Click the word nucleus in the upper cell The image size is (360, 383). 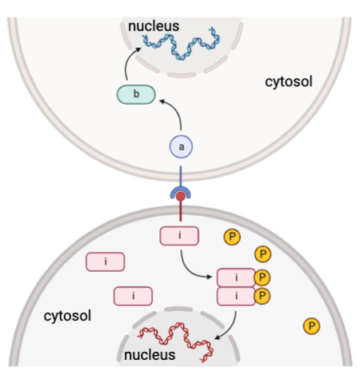point(159,26)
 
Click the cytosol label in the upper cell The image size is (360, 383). point(288,82)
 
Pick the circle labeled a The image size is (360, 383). point(181,147)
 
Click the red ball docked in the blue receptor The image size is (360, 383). point(181,196)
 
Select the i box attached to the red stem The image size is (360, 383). point(179,236)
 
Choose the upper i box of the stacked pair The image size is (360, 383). point(237,277)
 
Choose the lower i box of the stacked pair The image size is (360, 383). point(237,297)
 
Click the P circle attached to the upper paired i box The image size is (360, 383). point(263,277)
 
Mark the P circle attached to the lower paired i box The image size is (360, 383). point(263,297)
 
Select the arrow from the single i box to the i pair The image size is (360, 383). point(192,264)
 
